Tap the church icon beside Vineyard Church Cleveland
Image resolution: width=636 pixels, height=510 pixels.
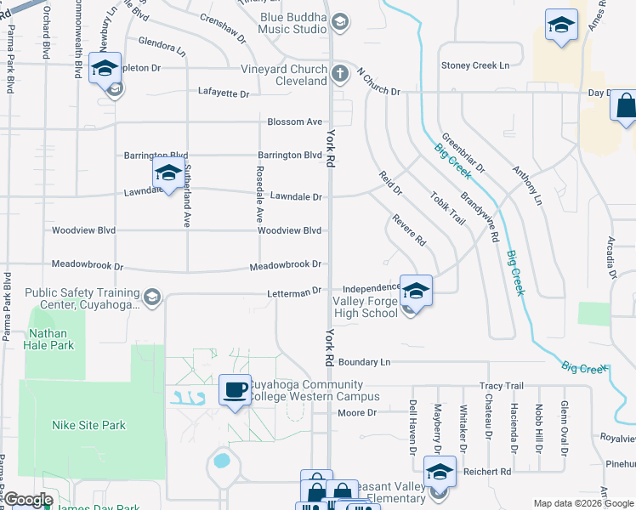(339, 73)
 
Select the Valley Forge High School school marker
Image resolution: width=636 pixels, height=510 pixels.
(415, 290)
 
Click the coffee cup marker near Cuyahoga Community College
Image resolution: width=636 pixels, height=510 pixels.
(235, 390)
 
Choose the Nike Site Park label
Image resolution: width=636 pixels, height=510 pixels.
(88, 425)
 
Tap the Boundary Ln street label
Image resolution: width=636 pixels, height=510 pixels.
(364, 362)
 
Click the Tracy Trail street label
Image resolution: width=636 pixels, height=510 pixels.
(502, 386)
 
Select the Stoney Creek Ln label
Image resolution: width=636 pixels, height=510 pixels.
(474, 65)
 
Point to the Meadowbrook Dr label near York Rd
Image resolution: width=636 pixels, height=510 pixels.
(286, 265)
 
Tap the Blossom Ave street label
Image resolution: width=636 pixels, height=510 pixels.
(294, 122)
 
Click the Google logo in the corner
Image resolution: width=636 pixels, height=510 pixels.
(29, 500)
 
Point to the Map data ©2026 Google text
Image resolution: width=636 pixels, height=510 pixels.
(582, 503)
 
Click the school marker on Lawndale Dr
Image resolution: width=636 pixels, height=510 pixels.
(168, 174)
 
